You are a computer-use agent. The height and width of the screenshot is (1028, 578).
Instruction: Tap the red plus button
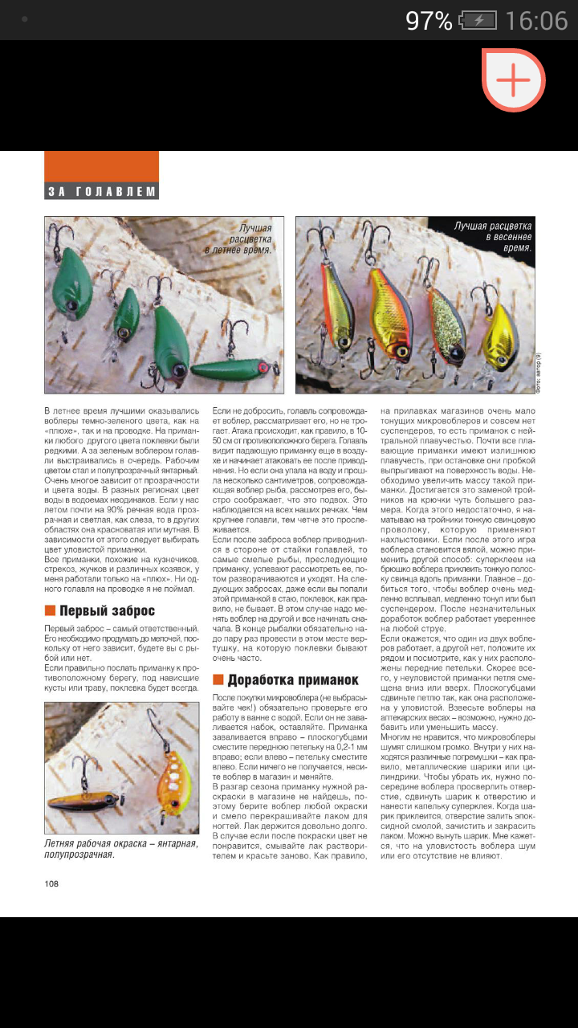click(513, 80)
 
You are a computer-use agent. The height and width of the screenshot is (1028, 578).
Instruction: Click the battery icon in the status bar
click(478, 21)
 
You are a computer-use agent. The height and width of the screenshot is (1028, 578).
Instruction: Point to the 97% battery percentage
click(429, 21)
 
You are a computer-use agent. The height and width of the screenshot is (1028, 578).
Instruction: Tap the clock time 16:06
click(537, 21)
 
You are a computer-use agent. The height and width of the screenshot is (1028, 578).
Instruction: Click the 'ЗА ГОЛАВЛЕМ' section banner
click(101, 191)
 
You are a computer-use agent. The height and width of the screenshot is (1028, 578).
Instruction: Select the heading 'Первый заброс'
click(107, 611)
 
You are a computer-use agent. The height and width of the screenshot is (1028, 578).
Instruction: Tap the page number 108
click(52, 883)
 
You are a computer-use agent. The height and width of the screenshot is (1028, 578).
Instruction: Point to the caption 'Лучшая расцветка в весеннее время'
click(492, 237)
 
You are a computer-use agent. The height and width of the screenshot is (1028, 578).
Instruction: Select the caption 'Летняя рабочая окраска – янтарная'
click(120, 848)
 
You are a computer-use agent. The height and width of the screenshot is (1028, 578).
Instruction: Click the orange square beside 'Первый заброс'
click(50, 611)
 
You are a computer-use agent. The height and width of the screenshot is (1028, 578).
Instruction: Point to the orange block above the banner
click(101, 166)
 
